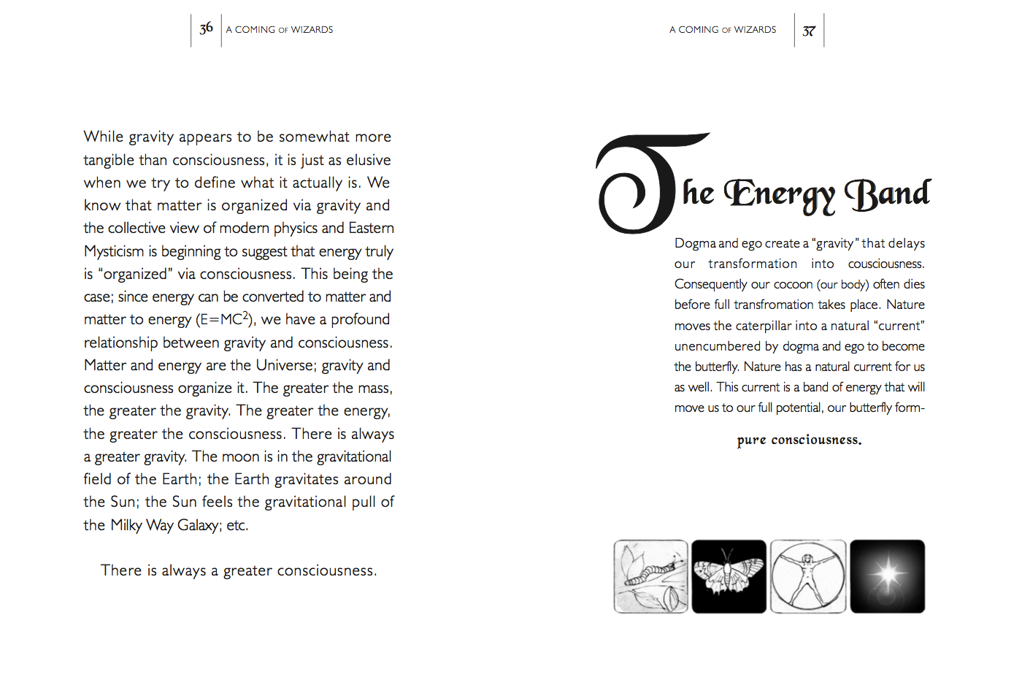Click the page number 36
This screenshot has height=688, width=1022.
(x=206, y=28)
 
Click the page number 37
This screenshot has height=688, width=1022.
(x=809, y=31)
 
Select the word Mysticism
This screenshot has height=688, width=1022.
(x=114, y=251)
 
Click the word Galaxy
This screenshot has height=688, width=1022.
(x=198, y=525)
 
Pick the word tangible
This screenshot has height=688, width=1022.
(x=109, y=160)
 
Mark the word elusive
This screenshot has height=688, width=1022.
(x=369, y=160)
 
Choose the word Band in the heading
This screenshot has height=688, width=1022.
(x=888, y=194)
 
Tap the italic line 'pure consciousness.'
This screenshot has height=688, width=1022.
(x=799, y=440)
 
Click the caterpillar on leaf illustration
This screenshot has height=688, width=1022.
(x=651, y=576)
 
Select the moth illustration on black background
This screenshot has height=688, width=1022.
(x=729, y=576)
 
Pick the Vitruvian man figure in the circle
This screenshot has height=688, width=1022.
(x=808, y=576)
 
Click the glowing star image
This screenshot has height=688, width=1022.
(x=888, y=576)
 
